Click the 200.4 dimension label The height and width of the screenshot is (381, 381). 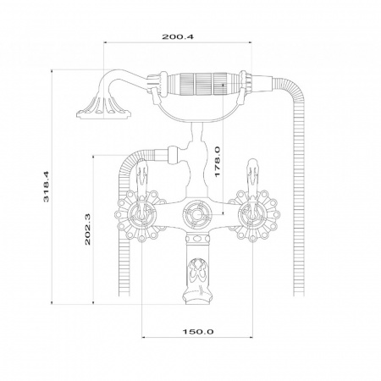[178, 36]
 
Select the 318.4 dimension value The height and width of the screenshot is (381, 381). [46, 186]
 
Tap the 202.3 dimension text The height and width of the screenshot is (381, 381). [87, 229]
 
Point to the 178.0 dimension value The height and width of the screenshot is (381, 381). [217, 162]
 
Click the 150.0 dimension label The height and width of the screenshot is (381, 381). [198, 331]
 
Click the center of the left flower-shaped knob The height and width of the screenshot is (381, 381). [141, 216]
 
